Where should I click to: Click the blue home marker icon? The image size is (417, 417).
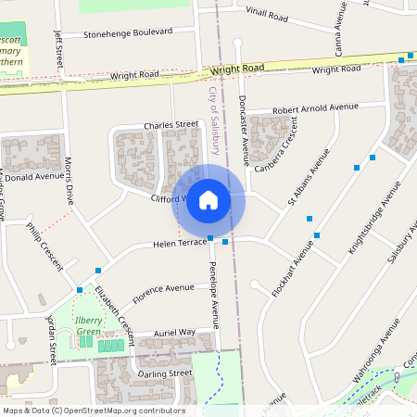(x=208, y=199)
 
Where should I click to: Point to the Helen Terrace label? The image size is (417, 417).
(x=179, y=244)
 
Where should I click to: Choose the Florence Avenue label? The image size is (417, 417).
(x=163, y=294)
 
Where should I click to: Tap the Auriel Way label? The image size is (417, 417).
(x=174, y=332)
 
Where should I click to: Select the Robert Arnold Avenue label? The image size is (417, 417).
(x=314, y=108)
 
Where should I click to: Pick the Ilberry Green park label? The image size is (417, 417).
(x=88, y=325)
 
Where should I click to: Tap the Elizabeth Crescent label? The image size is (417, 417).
(x=112, y=310)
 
